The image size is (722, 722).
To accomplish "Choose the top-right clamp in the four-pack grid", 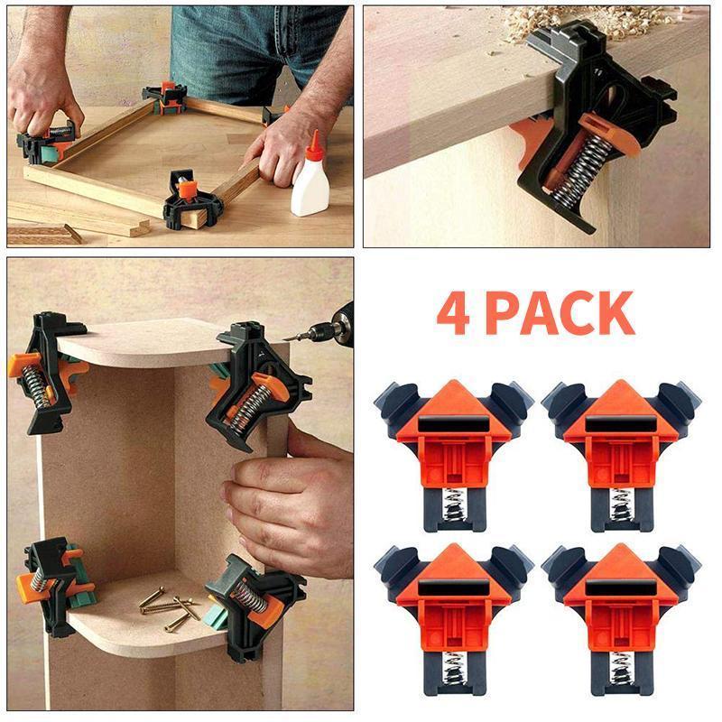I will (x=623, y=451).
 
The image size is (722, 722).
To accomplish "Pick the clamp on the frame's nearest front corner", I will (x=192, y=203).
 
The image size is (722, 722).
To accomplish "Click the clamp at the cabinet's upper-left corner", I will (x=50, y=366).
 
